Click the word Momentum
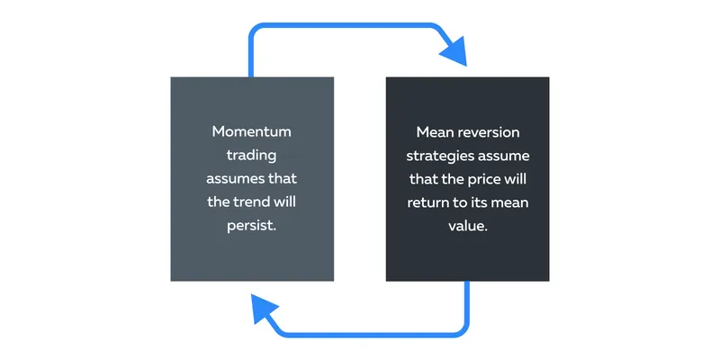pos(252,131)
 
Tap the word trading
pos(252,156)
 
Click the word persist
pos(252,227)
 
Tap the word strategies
pos(436,157)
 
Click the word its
pos(482,202)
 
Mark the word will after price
pos(516,178)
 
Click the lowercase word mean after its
pos(510,202)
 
